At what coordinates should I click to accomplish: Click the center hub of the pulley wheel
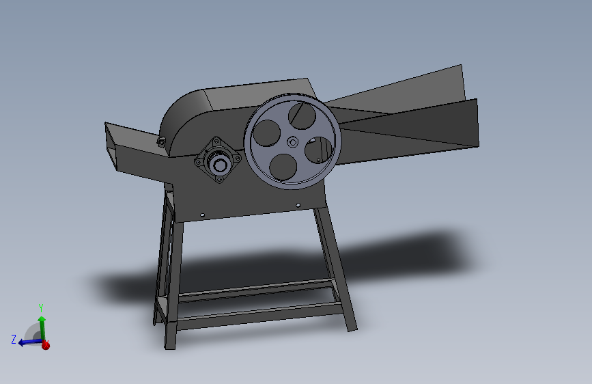[x=293, y=142]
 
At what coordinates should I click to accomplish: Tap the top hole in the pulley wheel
[x=302, y=115]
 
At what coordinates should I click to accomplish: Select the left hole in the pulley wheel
[x=266, y=133]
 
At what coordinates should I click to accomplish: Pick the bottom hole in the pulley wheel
[x=283, y=167]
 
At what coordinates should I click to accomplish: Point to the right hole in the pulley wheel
[x=319, y=150]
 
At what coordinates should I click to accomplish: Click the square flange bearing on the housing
[x=219, y=160]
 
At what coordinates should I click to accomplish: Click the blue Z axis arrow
[x=30, y=342]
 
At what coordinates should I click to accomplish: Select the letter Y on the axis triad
[x=41, y=307]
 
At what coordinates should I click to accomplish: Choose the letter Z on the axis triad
[x=14, y=339]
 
